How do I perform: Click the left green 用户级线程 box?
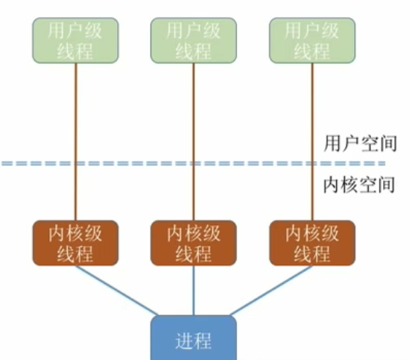74,40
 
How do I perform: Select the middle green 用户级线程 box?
194,40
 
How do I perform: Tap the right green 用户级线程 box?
312,40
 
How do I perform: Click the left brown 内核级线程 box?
74,243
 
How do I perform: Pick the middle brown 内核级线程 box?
194,243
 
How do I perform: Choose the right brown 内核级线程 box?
312,243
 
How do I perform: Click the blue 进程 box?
194,339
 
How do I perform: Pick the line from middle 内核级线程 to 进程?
194,291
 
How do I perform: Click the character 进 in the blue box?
184,341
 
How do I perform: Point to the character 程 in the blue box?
203,341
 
